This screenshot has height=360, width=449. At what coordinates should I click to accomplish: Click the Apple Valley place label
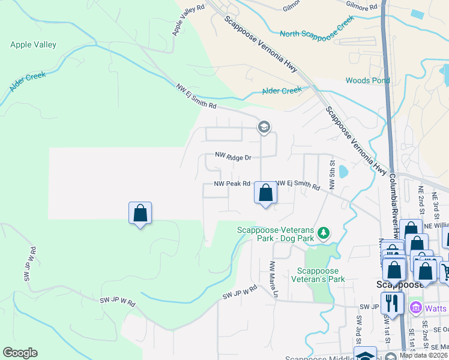pyautogui.click(x=33, y=44)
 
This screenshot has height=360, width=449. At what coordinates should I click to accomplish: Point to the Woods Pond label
pyautogui.click(x=366, y=80)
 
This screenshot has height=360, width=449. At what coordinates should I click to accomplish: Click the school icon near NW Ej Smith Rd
pyautogui.click(x=263, y=127)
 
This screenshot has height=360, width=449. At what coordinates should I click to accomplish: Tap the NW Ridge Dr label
pyautogui.click(x=233, y=157)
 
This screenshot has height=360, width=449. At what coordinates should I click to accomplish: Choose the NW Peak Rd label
pyautogui.click(x=232, y=184)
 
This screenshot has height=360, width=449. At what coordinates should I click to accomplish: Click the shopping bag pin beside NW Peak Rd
pyautogui.click(x=265, y=193)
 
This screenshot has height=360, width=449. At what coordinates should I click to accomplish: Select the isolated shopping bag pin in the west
pyautogui.click(x=140, y=213)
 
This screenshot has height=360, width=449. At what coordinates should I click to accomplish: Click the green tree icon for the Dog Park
pyautogui.click(x=324, y=232)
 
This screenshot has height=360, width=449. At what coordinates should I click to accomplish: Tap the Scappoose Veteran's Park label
pyautogui.click(x=318, y=275)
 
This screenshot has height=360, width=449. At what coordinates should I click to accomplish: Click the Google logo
pyautogui.click(x=20, y=353)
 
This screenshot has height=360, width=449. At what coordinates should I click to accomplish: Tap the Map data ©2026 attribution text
pyautogui.click(x=423, y=355)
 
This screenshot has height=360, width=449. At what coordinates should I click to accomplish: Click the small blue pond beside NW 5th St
pyautogui.click(x=343, y=172)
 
